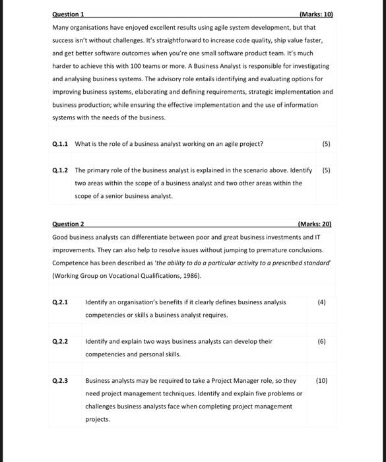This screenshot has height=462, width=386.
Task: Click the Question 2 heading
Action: click(68, 224)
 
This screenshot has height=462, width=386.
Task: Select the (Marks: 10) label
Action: click(316, 14)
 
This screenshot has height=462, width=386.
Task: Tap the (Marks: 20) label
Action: click(314, 224)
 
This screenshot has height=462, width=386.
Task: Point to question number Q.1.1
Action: click(60, 143)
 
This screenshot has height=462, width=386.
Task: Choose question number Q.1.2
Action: click(60, 170)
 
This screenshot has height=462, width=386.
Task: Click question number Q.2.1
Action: click(60, 302)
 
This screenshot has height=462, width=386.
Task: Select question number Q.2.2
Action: click(60, 341)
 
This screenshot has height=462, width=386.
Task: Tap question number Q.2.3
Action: click(60, 381)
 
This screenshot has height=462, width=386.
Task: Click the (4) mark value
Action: click(321, 302)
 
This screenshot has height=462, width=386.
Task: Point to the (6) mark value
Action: click(321, 341)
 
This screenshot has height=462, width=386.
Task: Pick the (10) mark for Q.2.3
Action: click(321, 381)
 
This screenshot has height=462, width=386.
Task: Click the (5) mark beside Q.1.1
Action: click(326, 143)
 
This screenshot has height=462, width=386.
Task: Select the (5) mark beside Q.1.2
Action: click(326, 170)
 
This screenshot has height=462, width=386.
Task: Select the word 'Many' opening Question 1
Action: click(59, 28)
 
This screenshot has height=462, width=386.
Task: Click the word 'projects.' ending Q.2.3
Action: click(98, 419)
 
